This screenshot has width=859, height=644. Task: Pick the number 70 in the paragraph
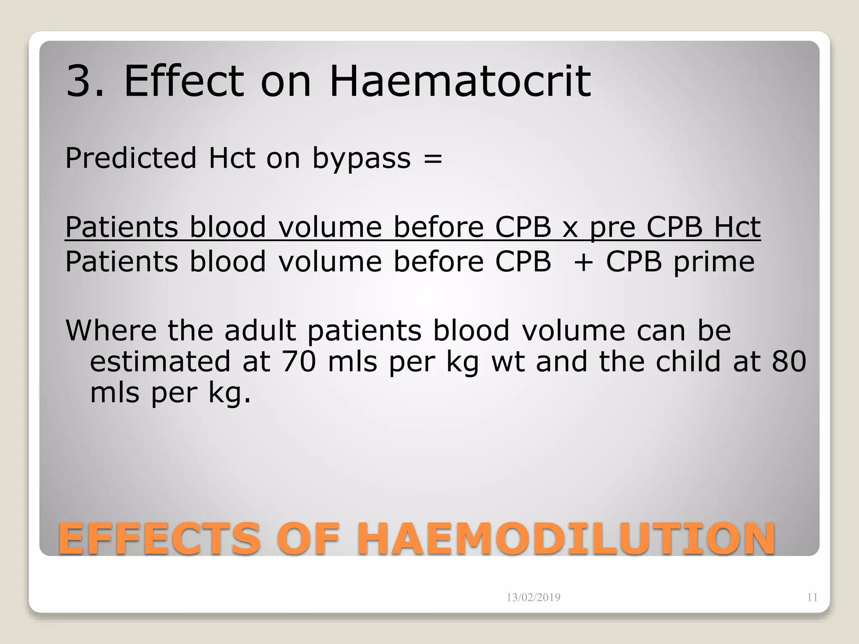click(298, 361)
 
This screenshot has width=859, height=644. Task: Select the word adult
click(260, 330)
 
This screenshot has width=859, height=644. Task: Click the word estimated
click(160, 361)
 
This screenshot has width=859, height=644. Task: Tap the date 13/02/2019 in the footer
click(533, 597)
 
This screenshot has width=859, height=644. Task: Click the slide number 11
click(812, 597)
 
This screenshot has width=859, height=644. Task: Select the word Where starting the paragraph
click(111, 330)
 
